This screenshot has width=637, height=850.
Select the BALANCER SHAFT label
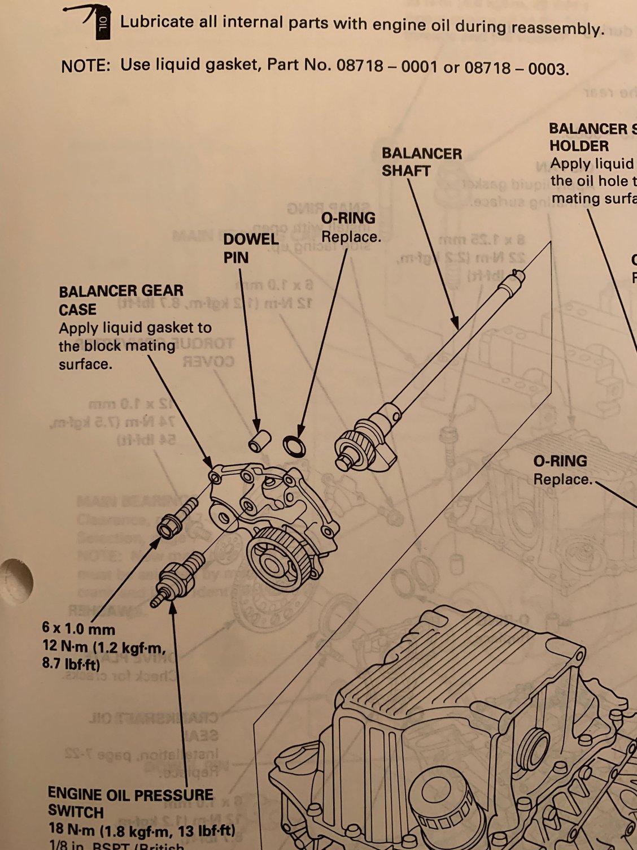pos(421,162)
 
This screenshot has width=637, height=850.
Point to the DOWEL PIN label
pos(251,248)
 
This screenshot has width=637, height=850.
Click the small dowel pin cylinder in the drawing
pos(259,441)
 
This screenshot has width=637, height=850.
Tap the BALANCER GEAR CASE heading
pos(121,300)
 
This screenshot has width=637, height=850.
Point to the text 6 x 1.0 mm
pos(78,628)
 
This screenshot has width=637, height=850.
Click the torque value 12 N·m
pos(65,645)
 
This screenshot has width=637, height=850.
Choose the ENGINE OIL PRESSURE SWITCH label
pos(130,803)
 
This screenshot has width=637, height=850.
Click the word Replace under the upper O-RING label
pos(351,237)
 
